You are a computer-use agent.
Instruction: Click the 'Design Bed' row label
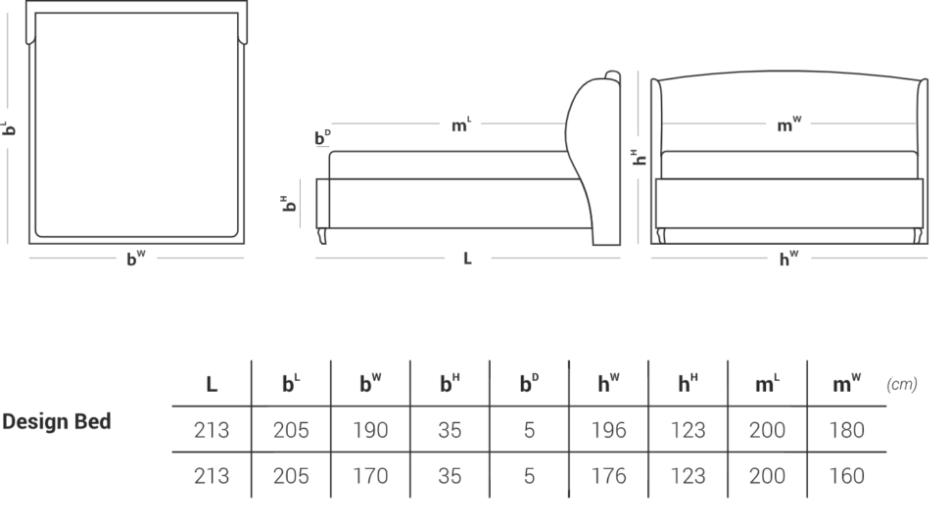point(57,421)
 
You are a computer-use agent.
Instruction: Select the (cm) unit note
point(902,384)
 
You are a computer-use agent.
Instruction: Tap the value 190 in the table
point(370,430)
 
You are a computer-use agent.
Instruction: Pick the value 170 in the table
point(370,476)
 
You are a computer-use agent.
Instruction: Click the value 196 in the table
point(608,430)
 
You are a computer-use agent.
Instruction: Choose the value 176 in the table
point(608,476)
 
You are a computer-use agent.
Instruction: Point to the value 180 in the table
point(846,430)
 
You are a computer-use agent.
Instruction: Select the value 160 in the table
point(846,476)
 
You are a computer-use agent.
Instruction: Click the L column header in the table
point(212,384)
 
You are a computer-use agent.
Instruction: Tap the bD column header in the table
point(529,383)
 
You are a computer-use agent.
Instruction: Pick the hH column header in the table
point(688,383)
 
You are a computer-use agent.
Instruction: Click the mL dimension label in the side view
point(461,124)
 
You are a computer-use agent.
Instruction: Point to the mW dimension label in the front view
point(788,123)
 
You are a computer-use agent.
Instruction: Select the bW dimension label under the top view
point(136,258)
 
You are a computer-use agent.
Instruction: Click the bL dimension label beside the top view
point(9,127)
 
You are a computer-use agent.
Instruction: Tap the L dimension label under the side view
point(467,259)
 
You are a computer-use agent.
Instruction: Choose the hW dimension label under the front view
point(788,259)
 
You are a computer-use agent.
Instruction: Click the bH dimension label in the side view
point(288,204)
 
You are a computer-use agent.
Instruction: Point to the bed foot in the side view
point(322,236)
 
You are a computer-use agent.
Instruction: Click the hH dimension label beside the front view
point(639,157)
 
